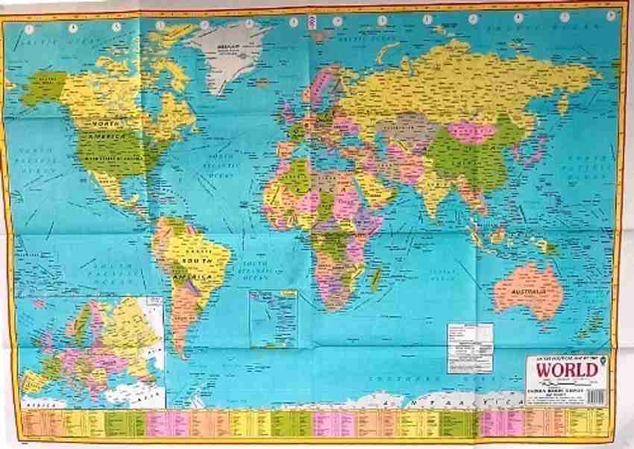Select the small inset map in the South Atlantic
[x=272, y=318]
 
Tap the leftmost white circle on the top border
[x=29, y=29]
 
